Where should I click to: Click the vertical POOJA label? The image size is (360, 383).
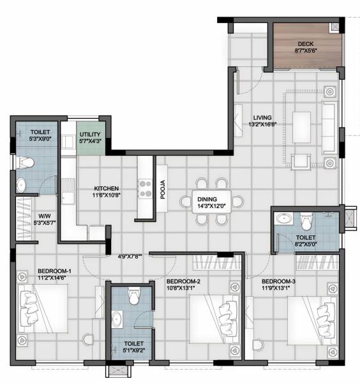[163, 190]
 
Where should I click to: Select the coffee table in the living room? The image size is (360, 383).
[301, 121]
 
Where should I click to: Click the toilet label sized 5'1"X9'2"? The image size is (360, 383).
[133, 347]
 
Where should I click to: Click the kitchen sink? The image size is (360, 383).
[68, 191]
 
